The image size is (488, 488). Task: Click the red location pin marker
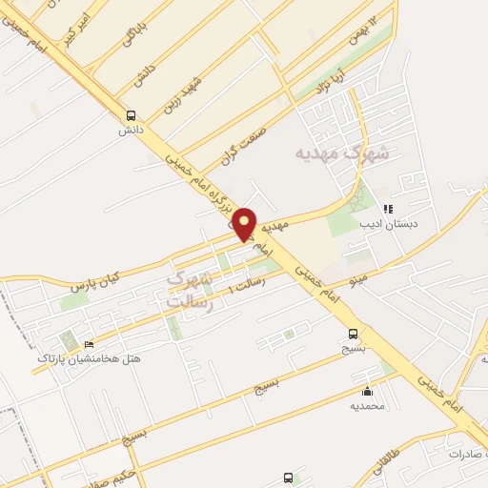(x=245, y=224)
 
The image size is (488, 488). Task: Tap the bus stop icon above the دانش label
(x=131, y=112)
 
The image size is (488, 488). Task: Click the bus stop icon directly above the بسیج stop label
(x=354, y=334)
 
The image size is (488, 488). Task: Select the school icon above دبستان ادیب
(x=388, y=209)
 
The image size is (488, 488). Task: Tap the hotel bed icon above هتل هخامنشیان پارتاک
(x=90, y=344)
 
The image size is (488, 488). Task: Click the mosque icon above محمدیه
(x=367, y=391)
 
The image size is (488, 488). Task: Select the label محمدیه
(x=367, y=406)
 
